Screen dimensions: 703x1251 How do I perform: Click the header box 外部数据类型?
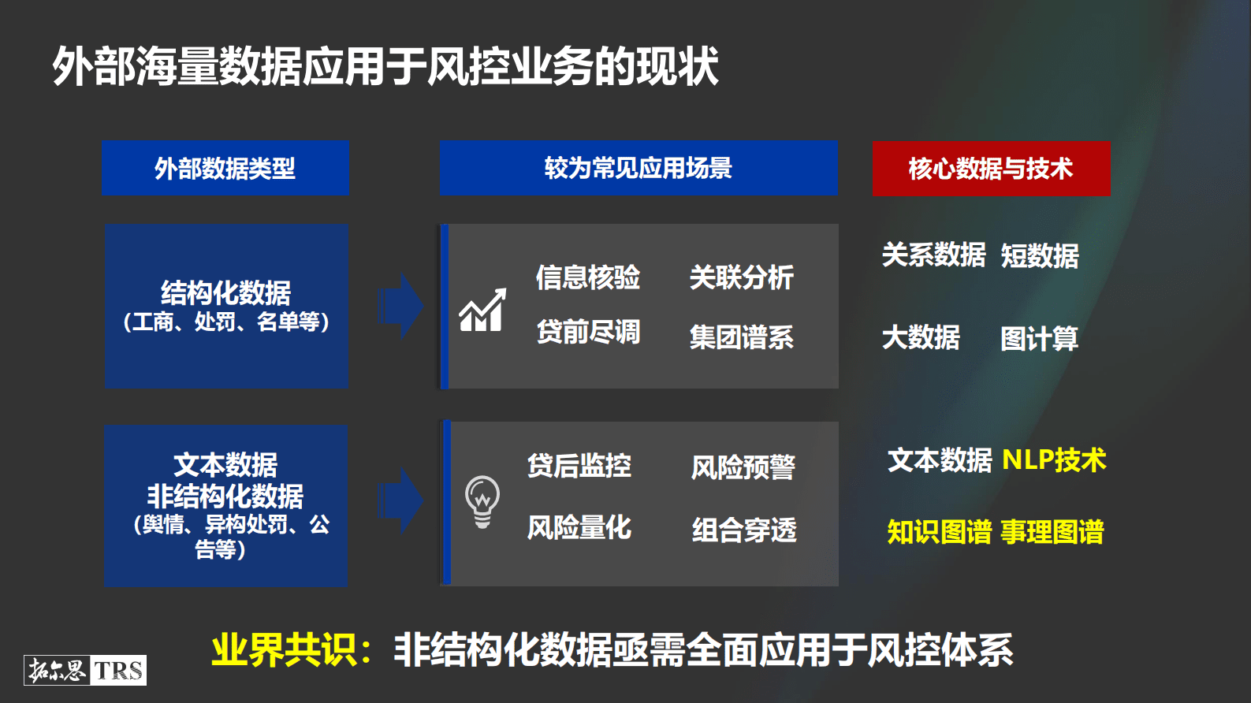225,168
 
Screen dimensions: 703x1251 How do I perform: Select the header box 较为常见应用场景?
639,168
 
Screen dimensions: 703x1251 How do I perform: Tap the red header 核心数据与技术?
991,169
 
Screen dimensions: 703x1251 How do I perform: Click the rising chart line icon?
482,311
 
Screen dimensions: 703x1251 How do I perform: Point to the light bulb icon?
482,501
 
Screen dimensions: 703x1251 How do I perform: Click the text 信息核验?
588,277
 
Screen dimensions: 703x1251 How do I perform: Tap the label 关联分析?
741,277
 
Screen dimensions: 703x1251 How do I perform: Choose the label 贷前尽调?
588,332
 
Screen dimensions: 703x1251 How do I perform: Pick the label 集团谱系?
741,337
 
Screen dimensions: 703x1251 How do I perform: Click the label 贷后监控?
579,466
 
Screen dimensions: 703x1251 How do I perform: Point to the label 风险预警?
743,467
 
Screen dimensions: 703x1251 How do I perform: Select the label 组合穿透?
744,530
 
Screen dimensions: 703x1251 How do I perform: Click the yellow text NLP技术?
1054,459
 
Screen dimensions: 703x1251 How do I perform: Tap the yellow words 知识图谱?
939,532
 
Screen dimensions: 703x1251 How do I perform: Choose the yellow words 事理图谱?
1052,532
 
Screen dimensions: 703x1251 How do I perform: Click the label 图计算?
1039,339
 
